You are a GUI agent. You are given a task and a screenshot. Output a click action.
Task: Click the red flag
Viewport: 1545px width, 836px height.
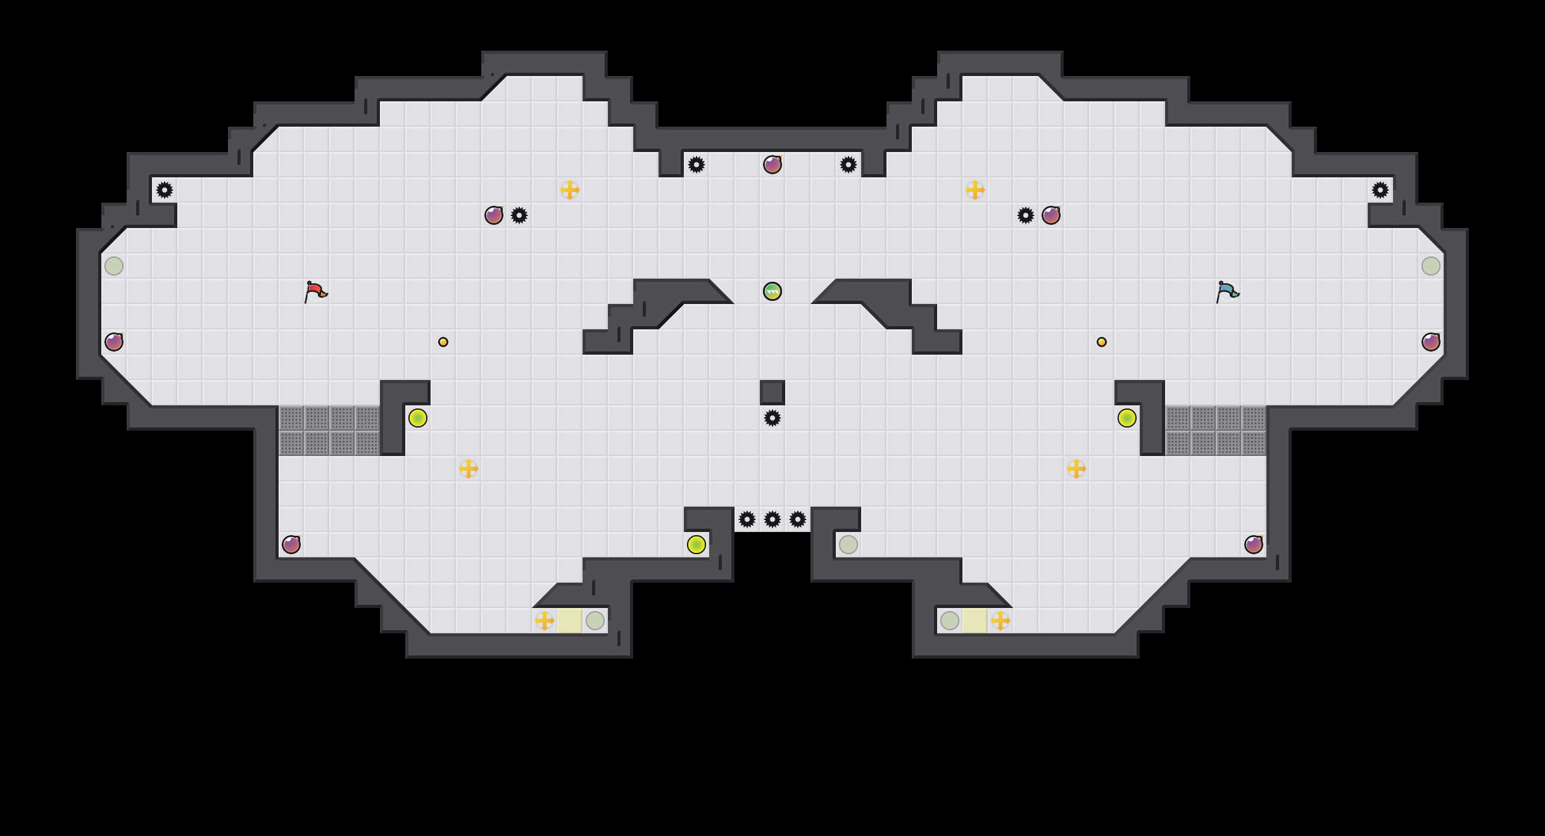click(x=315, y=292)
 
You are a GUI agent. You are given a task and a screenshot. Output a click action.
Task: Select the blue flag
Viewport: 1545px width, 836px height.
click(x=1227, y=292)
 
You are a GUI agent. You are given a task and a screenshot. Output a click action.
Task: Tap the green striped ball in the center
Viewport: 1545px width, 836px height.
click(x=772, y=291)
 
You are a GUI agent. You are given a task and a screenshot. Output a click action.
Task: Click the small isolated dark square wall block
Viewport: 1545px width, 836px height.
click(x=772, y=393)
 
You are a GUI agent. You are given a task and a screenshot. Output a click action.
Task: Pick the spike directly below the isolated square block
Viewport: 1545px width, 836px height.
click(x=772, y=418)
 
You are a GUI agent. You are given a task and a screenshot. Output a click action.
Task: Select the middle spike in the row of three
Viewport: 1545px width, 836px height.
click(x=772, y=519)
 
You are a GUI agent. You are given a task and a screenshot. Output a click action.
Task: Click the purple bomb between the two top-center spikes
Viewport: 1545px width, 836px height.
click(x=772, y=165)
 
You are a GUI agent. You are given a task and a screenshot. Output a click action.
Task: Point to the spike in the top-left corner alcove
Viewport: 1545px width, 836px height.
click(x=165, y=190)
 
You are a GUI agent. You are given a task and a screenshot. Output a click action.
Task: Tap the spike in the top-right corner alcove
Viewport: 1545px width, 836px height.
click(x=1380, y=190)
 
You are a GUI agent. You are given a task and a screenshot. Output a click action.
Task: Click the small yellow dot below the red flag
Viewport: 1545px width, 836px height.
click(x=443, y=342)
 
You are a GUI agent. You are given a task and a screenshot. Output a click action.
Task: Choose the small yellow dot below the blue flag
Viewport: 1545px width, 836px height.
click(x=1102, y=342)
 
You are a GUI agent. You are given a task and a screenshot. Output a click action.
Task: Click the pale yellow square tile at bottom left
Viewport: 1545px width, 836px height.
click(x=570, y=621)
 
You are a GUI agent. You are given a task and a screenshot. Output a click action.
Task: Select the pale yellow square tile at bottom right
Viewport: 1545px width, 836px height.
click(x=975, y=621)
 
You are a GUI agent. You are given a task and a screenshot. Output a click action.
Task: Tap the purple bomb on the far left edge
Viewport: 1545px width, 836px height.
click(x=114, y=342)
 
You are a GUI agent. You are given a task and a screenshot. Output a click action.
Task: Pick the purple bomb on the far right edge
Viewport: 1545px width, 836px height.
click(x=1431, y=342)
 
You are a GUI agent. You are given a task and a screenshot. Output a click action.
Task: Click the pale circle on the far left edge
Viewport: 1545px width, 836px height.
click(x=114, y=266)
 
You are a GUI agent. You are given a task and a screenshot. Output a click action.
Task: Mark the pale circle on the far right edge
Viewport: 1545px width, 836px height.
click(x=1431, y=266)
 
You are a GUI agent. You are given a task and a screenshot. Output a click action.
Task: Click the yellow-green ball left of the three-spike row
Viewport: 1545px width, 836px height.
click(x=697, y=545)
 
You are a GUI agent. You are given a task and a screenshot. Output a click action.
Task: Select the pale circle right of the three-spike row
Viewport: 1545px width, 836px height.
click(x=848, y=545)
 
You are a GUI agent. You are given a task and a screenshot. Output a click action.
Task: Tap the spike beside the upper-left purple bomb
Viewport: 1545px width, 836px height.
click(x=519, y=215)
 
